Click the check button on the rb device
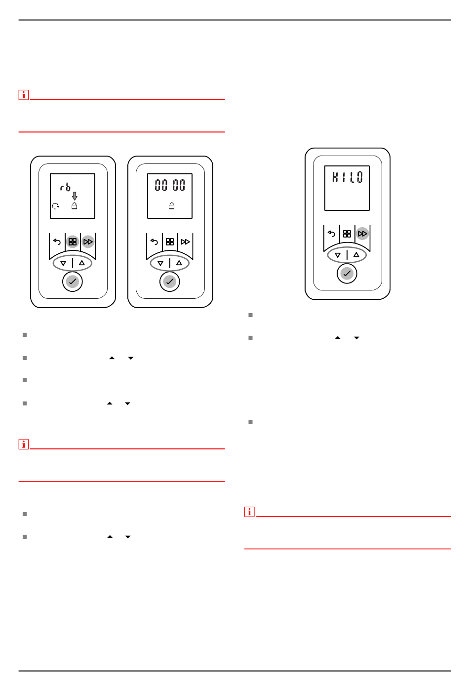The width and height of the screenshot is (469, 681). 73,281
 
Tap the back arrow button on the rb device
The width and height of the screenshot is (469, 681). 57,241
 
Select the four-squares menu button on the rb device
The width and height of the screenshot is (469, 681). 73,241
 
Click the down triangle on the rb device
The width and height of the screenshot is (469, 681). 63,263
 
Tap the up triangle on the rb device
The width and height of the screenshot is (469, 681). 82,263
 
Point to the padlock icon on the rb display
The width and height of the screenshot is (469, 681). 74,206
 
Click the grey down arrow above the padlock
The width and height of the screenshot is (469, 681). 75,196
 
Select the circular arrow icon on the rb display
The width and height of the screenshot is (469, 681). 55,206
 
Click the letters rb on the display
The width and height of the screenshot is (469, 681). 65,187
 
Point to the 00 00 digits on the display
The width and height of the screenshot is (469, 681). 170,185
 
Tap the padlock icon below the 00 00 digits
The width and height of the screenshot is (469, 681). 171,206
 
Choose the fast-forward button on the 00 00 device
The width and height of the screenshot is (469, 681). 185,241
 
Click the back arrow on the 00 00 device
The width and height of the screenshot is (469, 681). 154,241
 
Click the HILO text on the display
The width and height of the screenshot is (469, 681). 348,177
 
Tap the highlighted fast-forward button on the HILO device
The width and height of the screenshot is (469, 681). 362,234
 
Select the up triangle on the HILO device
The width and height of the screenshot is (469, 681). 356,255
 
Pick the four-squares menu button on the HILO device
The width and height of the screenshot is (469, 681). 347,234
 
